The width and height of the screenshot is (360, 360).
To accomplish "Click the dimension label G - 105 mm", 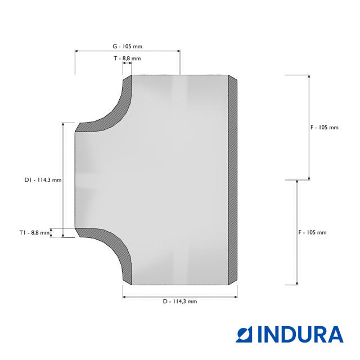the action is point(128,46).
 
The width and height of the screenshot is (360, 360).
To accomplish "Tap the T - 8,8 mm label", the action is point(127,58).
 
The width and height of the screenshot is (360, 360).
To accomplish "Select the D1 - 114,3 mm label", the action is point(43,180).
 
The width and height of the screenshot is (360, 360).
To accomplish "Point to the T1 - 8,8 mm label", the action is point(34,232).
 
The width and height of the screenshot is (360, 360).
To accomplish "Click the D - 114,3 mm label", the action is point(180,301).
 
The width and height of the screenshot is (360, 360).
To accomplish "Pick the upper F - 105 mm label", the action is point(325,128).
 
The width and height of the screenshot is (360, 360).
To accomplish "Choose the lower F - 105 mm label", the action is point(312,232).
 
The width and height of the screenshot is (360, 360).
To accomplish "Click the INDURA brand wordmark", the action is point(300,334).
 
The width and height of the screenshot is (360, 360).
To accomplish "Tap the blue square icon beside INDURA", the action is point(244,335).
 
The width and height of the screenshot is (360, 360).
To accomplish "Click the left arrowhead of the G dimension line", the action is point(76,51).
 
